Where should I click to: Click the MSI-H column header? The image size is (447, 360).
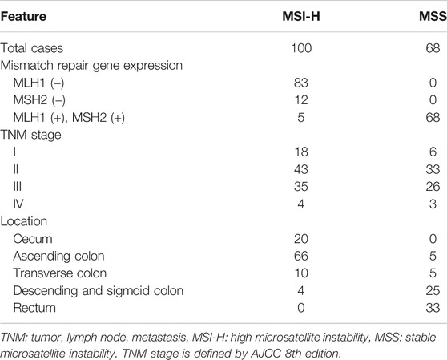(x=301, y=16)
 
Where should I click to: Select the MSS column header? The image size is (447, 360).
(x=433, y=16)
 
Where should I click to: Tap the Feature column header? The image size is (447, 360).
(x=23, y=16)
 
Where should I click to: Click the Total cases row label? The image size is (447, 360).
(x=32, y=48)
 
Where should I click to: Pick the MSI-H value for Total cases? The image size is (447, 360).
(x=301, y=48)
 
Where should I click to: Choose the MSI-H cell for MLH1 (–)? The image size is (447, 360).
(x=301, y=83)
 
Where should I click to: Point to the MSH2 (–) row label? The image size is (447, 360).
(x=39, y=100)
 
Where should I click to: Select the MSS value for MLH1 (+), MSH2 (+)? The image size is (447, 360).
(x=433, y=118)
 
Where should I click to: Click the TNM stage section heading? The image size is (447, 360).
(x=30, y=135)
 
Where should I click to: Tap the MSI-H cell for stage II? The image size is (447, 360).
(x=301, y=169)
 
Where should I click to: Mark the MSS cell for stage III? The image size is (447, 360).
(x=433, y=187)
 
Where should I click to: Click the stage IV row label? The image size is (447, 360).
(x=18, y=204)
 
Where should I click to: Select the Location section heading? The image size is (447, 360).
(x=24, y=221)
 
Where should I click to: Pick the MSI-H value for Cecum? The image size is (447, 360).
(x=301, y=239)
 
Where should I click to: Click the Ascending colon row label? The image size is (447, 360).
(x=58, y=256)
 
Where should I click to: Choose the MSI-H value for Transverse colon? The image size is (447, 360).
(x=301, y=273)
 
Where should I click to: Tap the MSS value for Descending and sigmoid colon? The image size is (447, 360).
(x=433, y=291)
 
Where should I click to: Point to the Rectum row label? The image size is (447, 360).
(x=34, y=308)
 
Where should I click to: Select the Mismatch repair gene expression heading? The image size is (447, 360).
(x=91, y=66)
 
